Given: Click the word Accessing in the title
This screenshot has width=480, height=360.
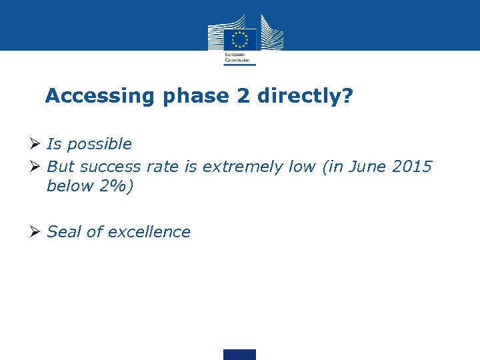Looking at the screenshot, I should pyautogui.click(x=99, y=96).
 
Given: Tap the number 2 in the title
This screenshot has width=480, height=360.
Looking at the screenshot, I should pyautogui.click(x=242, y=96).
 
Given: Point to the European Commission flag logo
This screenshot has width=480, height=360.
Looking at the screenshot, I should pyautogui.click(x=239, y=38).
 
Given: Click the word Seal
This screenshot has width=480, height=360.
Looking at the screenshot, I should pyautogui.click(x=65, y=232).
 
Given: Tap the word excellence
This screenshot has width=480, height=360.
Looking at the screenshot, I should pyautogui.click(x=149, y=232).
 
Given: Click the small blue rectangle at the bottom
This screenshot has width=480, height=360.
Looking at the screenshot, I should pyautogui.click(x=239, y=354).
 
